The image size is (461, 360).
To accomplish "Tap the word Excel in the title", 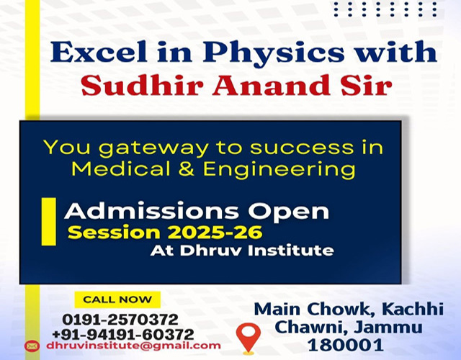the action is (99, 52).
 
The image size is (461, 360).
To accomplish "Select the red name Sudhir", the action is (143, 85).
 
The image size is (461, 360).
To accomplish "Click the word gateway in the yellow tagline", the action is (153, 148).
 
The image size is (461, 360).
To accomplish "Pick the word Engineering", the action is (279, 170).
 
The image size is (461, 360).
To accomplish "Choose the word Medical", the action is (121, 168).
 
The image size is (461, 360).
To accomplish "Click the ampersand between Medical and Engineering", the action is (187, 169).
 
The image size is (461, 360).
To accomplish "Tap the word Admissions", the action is (151, 210).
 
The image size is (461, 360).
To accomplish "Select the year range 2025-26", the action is (215, 233).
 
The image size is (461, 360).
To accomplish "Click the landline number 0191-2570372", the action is (120, 320).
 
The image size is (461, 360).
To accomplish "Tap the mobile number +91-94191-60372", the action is (123, 334).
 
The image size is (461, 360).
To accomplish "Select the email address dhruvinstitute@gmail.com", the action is (133, 346).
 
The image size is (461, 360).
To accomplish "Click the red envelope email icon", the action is (32, 346).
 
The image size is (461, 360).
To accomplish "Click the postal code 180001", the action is (346, 345).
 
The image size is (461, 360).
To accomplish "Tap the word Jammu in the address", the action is (388, 327).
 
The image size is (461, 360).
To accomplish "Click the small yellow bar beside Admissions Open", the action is (48, 222).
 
